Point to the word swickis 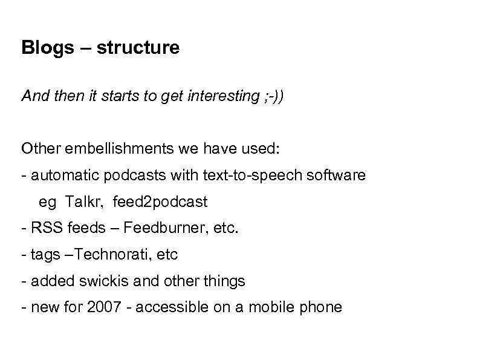[x=88, y=281]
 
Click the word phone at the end [x=320, y=307]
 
